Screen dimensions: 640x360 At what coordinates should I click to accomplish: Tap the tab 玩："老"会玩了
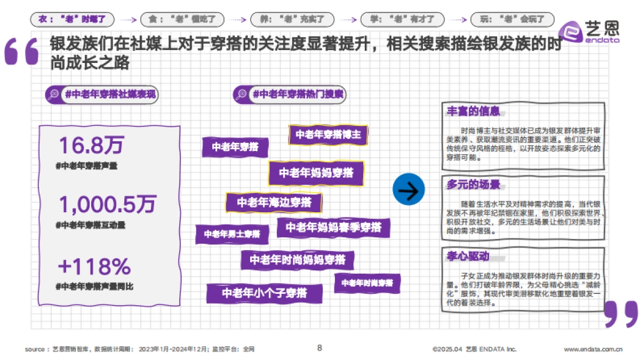pyautogui.click(x=512, y=20)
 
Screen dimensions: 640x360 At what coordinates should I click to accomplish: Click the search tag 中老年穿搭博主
pyautogui.click(x=328, y=135)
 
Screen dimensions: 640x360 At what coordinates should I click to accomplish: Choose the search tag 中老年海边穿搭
pyautogui.click(x=274, y=203)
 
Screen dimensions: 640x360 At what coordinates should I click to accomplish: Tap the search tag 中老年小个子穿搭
pyautogui.click(x=265, y=293)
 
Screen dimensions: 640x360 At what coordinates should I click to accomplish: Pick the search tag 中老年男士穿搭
pyautogui.click(x=231, y=234)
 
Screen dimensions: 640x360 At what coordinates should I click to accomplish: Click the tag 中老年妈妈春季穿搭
pyautogui.click(x=333, y=228)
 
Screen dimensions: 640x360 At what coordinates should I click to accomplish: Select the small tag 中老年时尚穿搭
pyautogui.click(x=367, y=283)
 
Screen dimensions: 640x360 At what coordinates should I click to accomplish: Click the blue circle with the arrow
pyautogui.click(x=409, y=190)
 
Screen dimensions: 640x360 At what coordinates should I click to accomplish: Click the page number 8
pyautogui.click(x=319, y=348)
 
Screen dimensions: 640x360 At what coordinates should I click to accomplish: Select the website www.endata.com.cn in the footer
pyautogui.click(x=593, y=350)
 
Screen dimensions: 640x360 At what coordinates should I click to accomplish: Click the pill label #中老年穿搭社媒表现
pyautogui.click(x=102, y=94)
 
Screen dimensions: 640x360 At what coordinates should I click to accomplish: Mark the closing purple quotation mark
pyautogui.click(x=621, y=314)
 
